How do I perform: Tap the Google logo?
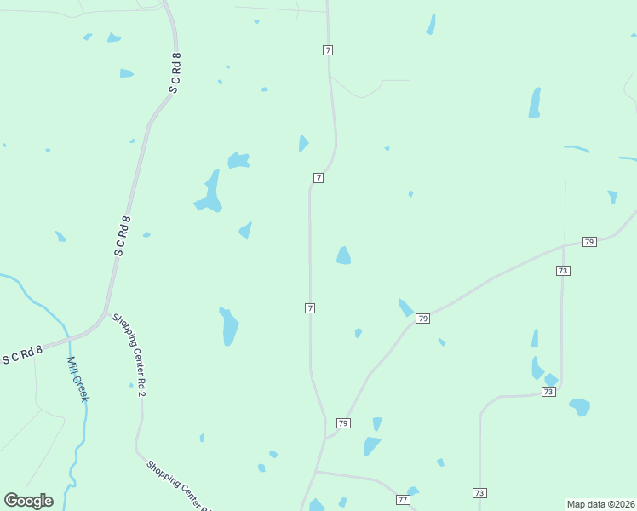[x=28, y=501]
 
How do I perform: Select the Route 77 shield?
[x=403, y=499]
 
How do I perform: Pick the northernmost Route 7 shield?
[x=328, y=50]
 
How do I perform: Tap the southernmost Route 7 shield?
[x=310, y=307]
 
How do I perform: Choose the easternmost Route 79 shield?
[x=589, y=242]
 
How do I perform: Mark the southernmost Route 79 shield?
[x=343, y=423]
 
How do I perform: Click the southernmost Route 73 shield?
[x=479, y=493]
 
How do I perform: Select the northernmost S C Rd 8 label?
[x=175, y=72]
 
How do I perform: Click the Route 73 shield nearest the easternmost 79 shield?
[x=562, y=270]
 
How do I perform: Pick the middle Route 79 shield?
[x=422, y=319]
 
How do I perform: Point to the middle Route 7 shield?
[x=318, y=178]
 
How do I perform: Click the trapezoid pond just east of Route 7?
[x=343, y=255]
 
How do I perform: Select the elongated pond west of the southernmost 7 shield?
[x=229, y=326]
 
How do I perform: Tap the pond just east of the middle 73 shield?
[x=579, y=406]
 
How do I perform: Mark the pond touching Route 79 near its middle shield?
[x=405, y=307]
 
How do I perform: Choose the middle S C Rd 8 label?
[x=123, y=236]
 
